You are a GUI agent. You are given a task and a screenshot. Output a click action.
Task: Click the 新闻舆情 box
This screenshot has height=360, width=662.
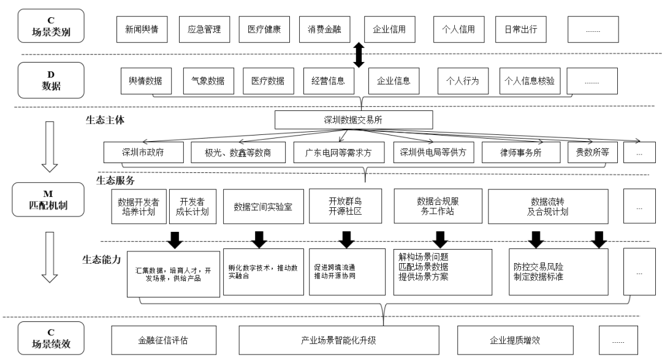[x=142, y=29]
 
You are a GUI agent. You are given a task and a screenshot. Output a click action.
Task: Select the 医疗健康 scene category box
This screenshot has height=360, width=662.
[x=264, y=29]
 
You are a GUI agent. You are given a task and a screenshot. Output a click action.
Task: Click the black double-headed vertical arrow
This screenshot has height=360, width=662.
[x=359, y=55]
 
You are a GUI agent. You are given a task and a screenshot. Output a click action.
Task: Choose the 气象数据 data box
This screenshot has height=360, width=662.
[x=207, y=80]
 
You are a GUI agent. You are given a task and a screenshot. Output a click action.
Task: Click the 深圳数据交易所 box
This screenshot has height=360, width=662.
[x=354, y=120]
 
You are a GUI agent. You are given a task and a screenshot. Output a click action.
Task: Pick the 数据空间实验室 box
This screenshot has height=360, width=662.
[x=263, y=207]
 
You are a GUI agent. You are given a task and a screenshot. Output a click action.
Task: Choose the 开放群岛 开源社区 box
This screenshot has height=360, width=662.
[x=346, y=207]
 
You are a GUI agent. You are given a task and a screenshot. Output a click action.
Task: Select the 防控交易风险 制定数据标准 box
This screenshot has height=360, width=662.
[x=558, y=272]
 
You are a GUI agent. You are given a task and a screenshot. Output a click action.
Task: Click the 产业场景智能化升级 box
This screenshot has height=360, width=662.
[x=338, y=339]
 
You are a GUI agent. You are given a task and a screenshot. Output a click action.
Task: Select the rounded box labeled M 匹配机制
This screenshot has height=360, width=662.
[x=50, y=201]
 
